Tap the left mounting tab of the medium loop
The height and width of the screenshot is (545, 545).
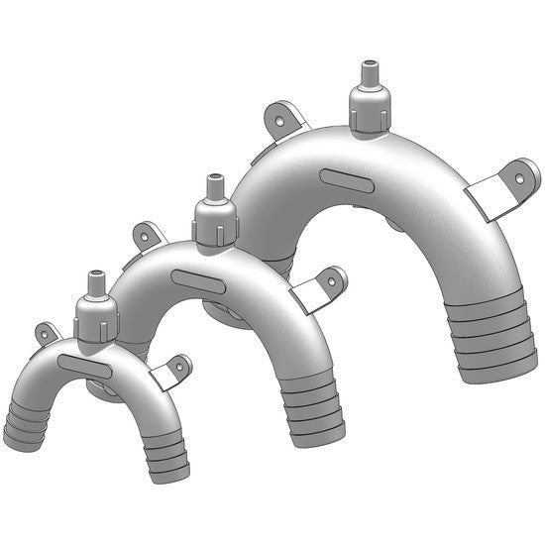click(x=150, y=236)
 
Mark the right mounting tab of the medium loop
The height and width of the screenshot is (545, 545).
click(x=324, y=286)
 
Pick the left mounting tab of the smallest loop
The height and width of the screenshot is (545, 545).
click(x=48, y=333)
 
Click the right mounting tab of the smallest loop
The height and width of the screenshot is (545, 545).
click(x=172, y=371)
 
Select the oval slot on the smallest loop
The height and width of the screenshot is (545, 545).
click(x=84, y=365)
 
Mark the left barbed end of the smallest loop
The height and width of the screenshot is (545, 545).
click(x=24, y=424)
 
